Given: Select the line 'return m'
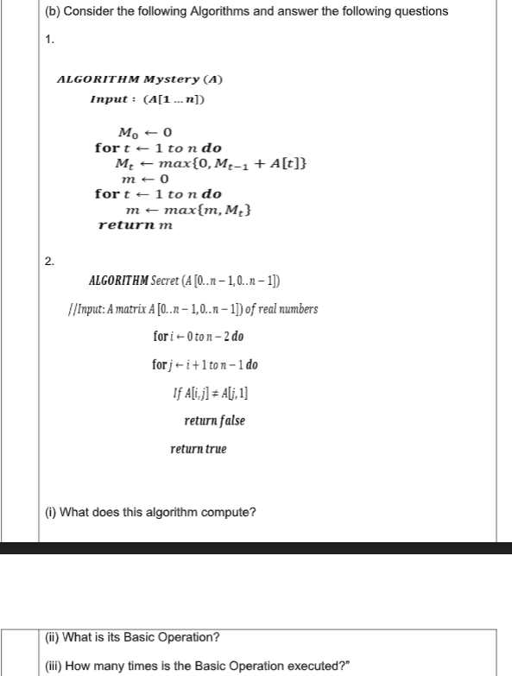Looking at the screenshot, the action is [136, 224].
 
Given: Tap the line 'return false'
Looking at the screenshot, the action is [214, 420].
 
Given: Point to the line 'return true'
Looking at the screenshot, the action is [199, 449].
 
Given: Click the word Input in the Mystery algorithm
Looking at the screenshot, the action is [109, 99].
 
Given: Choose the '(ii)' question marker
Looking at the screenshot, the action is [53, 638].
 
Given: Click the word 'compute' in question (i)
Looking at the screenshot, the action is [232, 512].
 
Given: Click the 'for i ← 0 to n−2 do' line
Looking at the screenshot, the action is [203, 337].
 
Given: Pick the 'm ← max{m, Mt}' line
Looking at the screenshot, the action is [189, 210].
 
